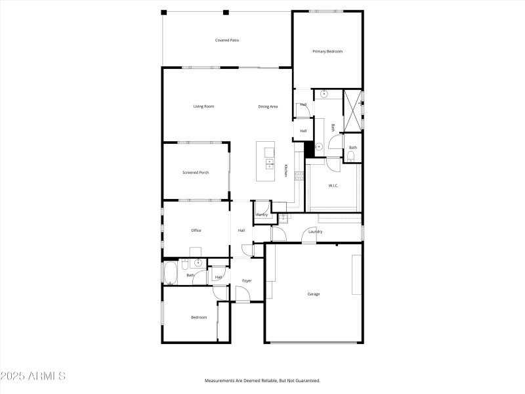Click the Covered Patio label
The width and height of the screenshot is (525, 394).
(227, 40)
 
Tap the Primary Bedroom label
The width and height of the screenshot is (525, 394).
(327, 51)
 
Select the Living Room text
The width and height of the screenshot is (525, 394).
(203, 106)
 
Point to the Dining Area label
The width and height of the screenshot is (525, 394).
(268, 106)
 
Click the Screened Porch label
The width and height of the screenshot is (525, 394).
(196, 173)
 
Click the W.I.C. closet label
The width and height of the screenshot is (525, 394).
(333, 186)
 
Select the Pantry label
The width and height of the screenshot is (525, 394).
(262, 215)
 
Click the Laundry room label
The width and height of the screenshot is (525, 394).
(315, 231)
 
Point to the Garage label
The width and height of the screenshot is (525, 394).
(314, 294)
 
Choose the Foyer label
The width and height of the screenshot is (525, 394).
(247, 280)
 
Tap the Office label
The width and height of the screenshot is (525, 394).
(196, 230)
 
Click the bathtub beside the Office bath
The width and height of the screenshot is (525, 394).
(170, 273)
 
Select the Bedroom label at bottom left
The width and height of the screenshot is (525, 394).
(199, 317)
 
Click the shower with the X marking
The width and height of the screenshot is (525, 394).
(352, 110)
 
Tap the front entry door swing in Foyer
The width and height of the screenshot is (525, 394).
(242, 297)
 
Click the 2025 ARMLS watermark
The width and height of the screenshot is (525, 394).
(33, 376)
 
